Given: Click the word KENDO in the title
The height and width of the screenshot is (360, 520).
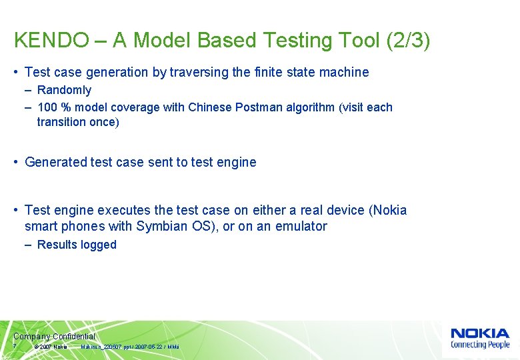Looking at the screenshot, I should pyautogui.click(x=51, y=41).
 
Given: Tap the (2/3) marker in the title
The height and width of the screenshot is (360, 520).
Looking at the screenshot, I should pyautogui.click(x=408, y=41).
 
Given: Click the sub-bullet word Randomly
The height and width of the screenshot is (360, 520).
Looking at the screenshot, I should pyautogui.click(x=64, y=90).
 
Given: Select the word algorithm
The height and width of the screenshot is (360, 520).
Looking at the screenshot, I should pyautogui.click(x=311, y=107).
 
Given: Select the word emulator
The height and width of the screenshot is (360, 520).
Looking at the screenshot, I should pyautogui.click(x=300, y=226).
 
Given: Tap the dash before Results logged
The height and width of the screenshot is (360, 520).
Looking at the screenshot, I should pyautogui.click(x=29, y=245).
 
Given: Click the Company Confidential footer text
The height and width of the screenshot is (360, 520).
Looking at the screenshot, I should pyautogui.click(x=54, y=337).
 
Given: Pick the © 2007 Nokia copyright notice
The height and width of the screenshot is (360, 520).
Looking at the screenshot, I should pyautogui.click(x=51, y=347).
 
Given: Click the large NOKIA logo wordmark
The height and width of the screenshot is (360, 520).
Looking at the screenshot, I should pyautogui.click(x=479, y=333).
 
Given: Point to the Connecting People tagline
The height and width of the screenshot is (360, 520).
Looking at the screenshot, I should pyautogui.click(x=479, y=345).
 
